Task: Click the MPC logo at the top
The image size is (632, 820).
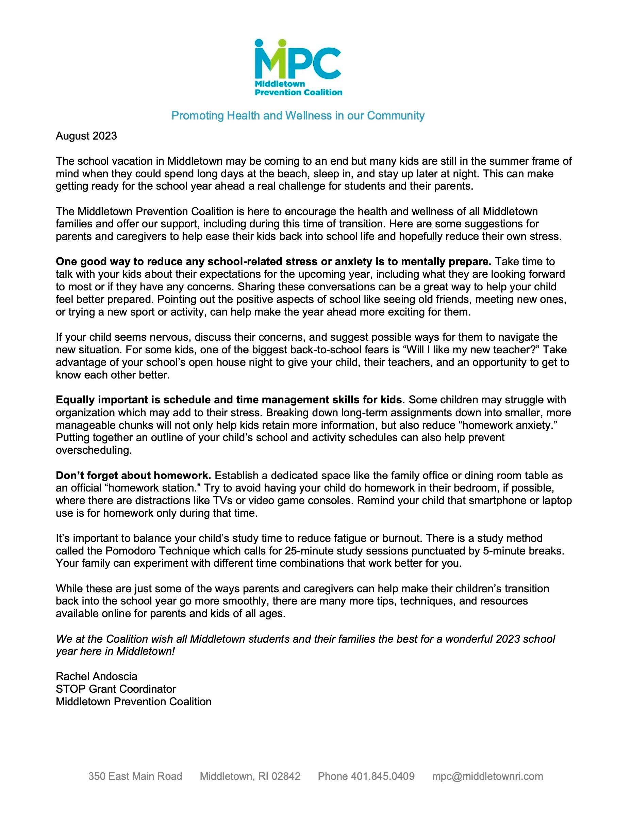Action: [x=298, y=68]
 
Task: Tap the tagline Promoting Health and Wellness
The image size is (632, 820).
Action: [x=298, y=116]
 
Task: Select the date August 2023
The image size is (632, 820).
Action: [x=86, y=136]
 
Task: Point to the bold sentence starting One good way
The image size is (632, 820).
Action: [x=273, y=262]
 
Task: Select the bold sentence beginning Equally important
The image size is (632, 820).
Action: [x=230, y=400]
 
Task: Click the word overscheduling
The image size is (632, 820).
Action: [x=94, y=451]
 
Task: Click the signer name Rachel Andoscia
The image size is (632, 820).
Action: [x=97, y=677]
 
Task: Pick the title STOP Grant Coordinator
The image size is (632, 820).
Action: [x=116, y=689]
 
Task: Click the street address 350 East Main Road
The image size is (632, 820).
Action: [x=135, y=776]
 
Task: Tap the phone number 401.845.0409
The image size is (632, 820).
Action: [x=382, y=776]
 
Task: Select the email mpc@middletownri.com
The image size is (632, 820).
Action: [x=487, y=776]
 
